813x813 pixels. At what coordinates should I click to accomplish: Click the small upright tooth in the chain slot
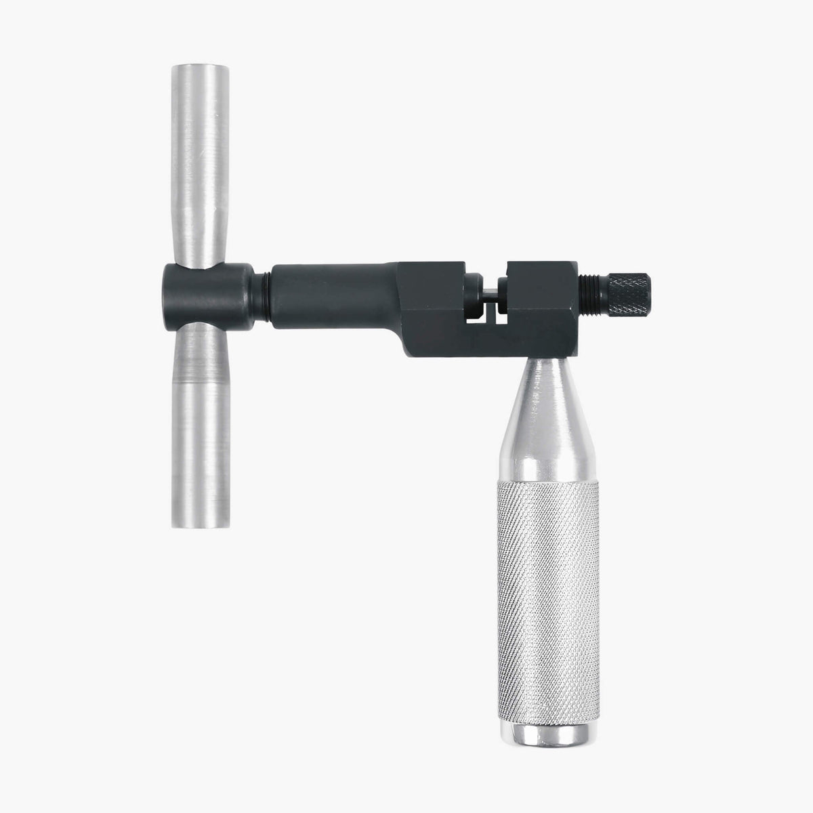(491, 316)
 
